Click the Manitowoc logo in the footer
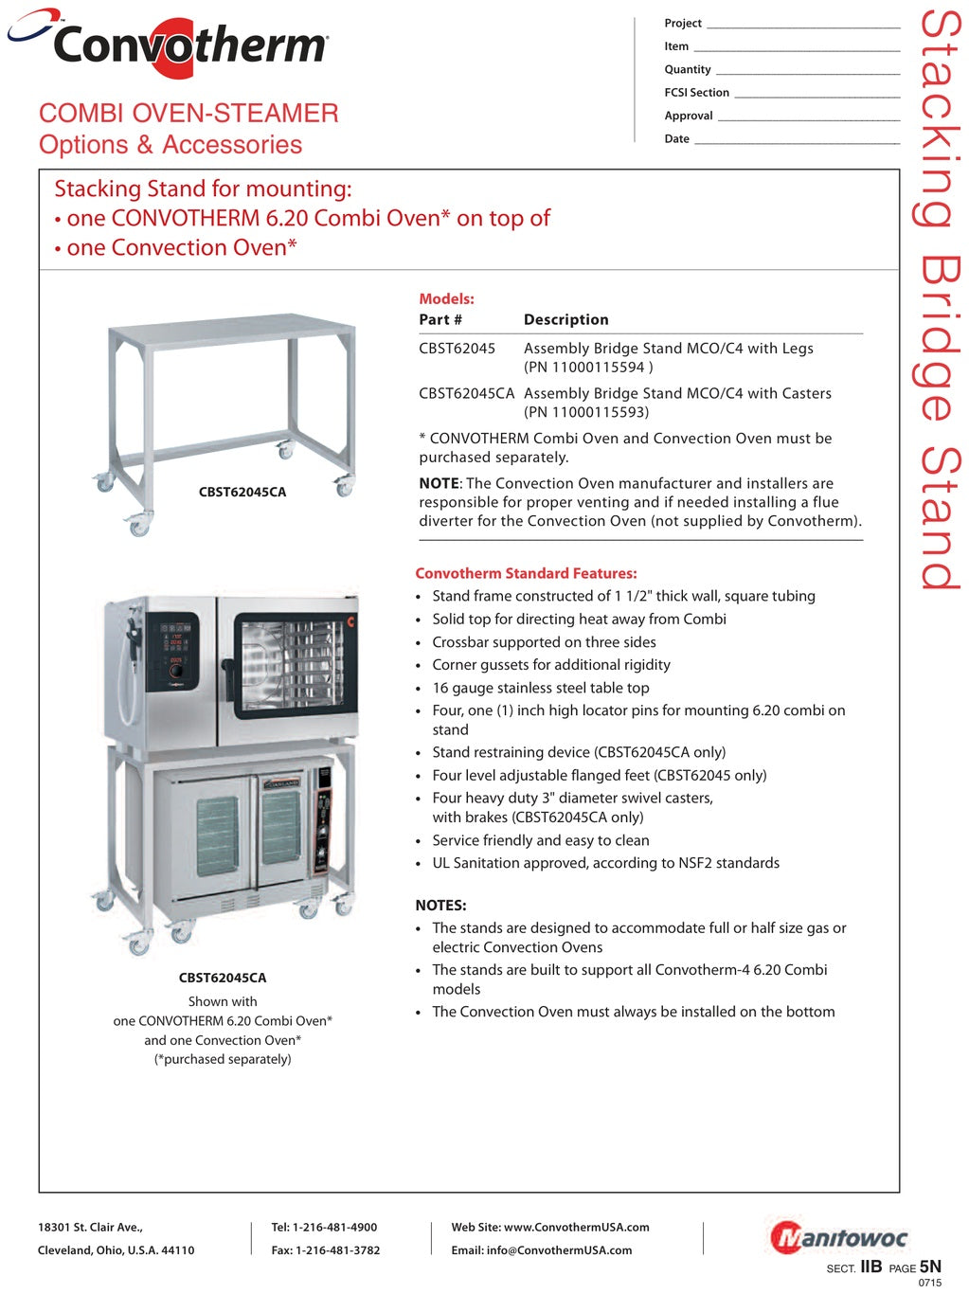[839, 1237]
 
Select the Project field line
[803, 25]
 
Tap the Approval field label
[689, 116]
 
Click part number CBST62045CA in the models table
[466, 393]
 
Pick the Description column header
[565, 320]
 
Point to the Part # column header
[440, 320]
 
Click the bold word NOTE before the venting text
[439, 483]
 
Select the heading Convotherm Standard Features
[526, 573]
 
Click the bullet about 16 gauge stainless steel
[540, 688]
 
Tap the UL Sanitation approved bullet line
[605, 863]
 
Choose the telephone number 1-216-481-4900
[334, 1227]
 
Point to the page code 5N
[930, 1267]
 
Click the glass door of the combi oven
[289, 665]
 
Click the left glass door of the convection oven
[217, 833]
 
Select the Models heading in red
[446, 298]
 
